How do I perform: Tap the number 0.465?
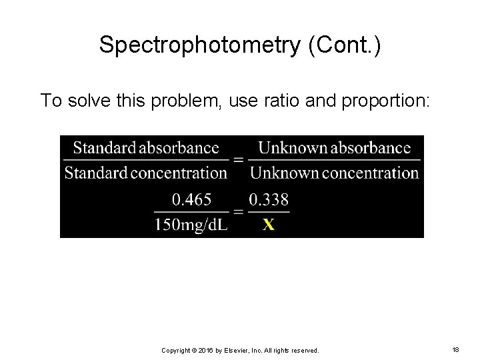[192, 199]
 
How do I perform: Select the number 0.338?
[269, 199]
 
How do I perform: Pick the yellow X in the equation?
[268, 225]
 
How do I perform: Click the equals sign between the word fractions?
[238, 161]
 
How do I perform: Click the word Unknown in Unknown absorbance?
[291, 147]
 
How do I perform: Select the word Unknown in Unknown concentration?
[284, 173]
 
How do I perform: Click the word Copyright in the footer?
[178, 349]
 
